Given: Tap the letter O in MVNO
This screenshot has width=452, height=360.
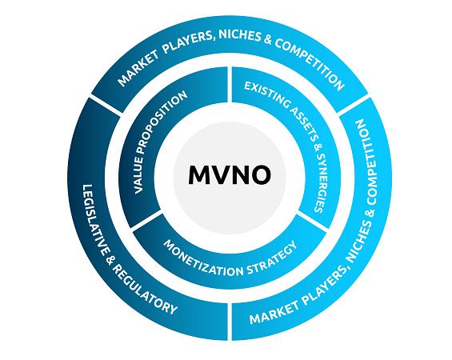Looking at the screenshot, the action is pyautogui.click(x=260, y=175).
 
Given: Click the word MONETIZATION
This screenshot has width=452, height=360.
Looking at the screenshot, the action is pyautogui.click(x=202, y=262).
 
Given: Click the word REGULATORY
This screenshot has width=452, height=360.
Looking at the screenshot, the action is pyautogui.click(x=144, y=290).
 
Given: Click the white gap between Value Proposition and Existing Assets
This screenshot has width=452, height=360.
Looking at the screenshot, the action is pyautogui.click(x=230, y=85).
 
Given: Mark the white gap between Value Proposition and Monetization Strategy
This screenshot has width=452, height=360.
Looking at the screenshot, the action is pyautogui.click(x=146, y=222).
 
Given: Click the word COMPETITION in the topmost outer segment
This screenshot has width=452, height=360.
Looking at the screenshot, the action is pyautogui.click(x=310, y=65).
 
